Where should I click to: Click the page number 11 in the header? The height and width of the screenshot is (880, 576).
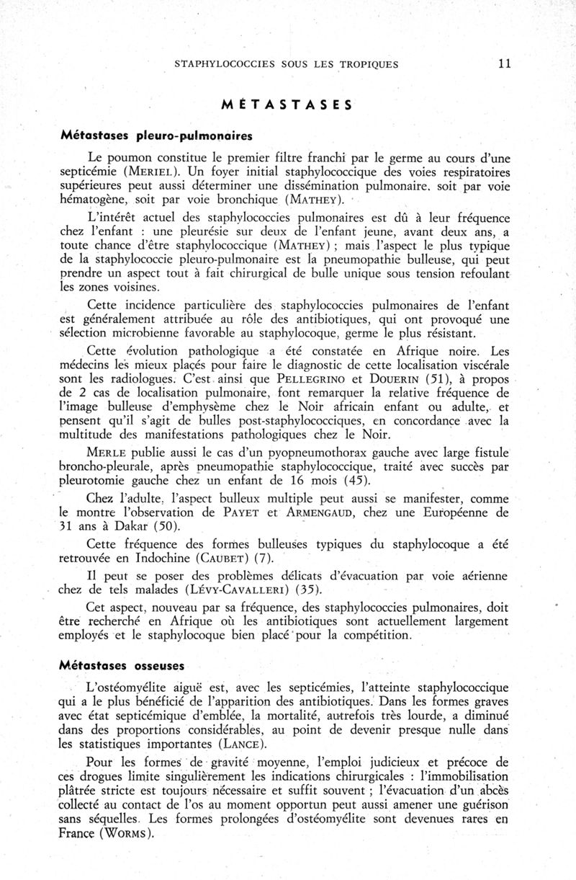(x=503, y=63)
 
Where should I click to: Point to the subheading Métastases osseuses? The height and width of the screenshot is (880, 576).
(x=123, y=662)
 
